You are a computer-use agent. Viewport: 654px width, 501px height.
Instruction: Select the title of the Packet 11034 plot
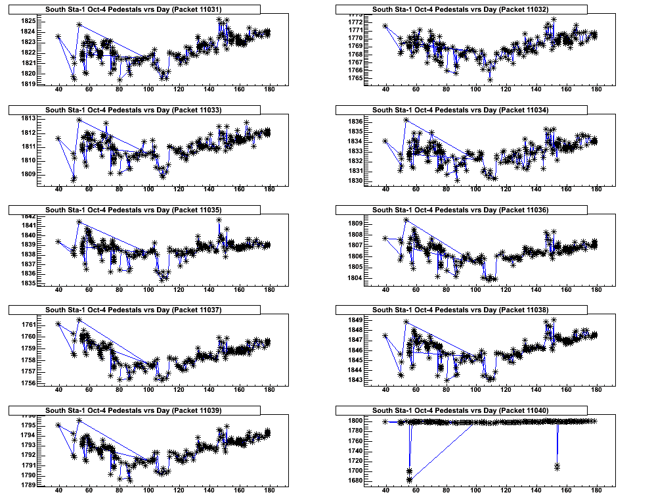[460, 110]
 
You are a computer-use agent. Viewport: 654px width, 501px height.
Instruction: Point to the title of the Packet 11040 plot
[460, 410]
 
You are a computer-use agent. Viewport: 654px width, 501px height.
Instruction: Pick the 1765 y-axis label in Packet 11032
[356, 78]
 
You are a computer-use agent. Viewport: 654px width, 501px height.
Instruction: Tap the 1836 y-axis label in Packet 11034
[356, 122]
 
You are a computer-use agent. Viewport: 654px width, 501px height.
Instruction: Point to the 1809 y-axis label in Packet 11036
[356, 224]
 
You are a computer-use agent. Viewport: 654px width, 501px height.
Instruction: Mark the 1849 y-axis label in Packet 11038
[356, 320]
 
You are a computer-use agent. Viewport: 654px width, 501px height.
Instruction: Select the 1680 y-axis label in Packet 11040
[356, 481]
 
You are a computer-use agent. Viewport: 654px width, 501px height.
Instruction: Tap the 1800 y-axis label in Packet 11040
[356, 421]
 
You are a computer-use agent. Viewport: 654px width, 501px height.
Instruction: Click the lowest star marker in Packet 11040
[410, 480]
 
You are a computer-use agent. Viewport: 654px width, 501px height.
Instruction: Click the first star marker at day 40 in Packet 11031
[58, 37]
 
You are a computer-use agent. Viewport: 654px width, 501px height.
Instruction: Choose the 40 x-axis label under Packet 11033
[58, 189]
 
